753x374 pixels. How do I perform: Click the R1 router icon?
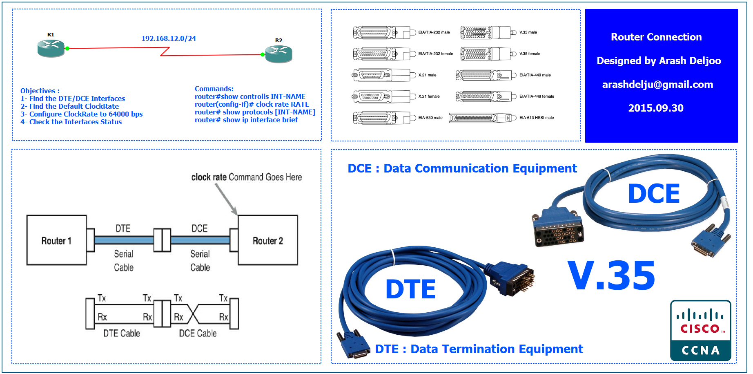[x=51, y=48]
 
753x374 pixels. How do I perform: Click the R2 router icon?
[x=278, y=54]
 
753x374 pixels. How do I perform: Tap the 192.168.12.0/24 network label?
[x=169, y=38]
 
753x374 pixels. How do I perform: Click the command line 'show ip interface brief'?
[x=246, y=120]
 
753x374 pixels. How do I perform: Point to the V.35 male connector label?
[x=528, y=32]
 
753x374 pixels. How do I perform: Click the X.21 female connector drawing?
[x=381, y=96]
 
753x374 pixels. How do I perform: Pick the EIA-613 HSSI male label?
[x=537, y=118]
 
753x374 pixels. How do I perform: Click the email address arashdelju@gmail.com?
[x=657, y=85]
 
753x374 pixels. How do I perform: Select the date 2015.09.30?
[x=656, y=108]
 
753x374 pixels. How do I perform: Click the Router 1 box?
[x=56, y=240]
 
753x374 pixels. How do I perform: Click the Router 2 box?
[x=268, y=240]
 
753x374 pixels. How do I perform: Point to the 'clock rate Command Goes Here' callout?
[x=247, y=177]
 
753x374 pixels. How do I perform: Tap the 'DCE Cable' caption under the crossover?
[x=198, y=334]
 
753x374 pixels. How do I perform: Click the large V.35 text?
[x=611, y=276]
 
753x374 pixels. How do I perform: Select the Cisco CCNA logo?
[x=700, y=331]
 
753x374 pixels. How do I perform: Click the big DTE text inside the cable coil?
[x=410, y=289]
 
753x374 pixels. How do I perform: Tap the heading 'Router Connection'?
[x=656, y=37]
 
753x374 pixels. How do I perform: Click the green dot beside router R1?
[x=67, y=48]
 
